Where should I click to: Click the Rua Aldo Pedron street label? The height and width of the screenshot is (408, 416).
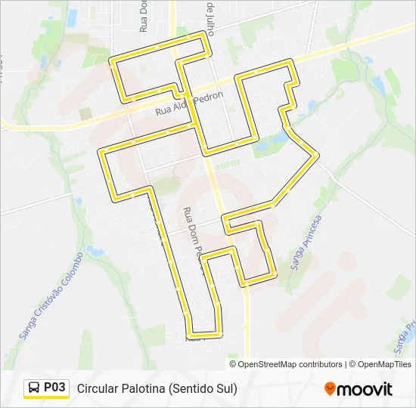189,104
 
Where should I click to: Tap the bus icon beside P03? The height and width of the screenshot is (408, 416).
34,388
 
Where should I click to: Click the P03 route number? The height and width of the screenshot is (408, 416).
55,388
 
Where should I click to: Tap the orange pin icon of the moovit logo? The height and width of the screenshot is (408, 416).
330,388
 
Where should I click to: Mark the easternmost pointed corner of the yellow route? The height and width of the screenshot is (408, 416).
318,155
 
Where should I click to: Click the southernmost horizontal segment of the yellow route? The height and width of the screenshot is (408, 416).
205,333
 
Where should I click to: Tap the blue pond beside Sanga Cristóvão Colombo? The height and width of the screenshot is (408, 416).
95,250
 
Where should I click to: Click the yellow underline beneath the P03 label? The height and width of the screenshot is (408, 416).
46,398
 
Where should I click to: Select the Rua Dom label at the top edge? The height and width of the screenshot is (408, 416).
143,17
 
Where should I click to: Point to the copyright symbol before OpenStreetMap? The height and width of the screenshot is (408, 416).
234,364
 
